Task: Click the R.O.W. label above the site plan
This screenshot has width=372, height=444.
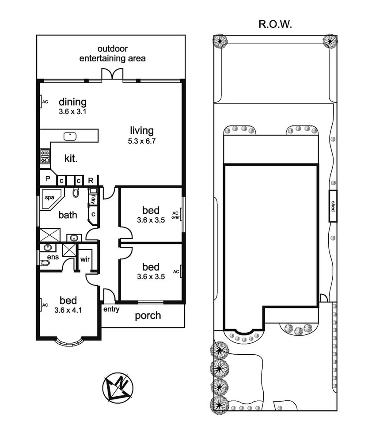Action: coord(275,24)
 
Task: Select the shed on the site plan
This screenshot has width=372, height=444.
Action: coord(333,206)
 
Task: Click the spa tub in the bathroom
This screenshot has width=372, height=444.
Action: coord(49,200)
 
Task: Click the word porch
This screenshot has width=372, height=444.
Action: coord(148,316)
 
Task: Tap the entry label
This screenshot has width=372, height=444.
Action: coord(111,310)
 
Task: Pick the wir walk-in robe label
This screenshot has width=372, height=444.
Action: coord(85,259)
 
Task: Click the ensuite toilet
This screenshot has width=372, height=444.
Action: coord(45,263)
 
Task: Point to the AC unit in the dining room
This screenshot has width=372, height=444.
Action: coord(45,102)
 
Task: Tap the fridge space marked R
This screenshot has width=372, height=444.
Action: coord(91,180)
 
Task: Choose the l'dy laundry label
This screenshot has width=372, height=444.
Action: coord(93,199)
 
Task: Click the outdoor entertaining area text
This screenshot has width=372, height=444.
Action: coord(112,53)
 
